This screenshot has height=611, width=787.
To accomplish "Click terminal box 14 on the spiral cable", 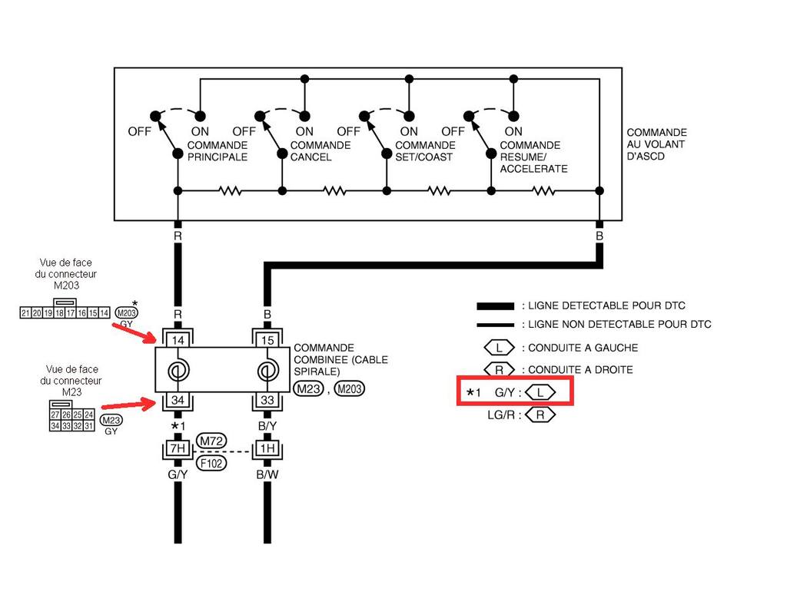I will click(178, 339).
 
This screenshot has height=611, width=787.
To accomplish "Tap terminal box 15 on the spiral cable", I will click(267, 339).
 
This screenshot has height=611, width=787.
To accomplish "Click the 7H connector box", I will click(178, 448).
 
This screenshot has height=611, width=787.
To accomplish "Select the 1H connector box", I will click(267, 448).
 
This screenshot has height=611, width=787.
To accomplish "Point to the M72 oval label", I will click(211, 441).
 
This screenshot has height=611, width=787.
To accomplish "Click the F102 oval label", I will click(211, 463).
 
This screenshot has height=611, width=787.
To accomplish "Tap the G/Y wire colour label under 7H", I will click(178, 475).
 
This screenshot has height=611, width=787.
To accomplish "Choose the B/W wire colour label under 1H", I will click(267, 475).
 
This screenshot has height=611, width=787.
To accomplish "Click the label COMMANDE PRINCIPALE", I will click(218, 151).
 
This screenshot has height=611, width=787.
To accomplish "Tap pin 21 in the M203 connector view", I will click(25, 312).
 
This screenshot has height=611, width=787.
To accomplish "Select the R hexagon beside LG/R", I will click(541, 415).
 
